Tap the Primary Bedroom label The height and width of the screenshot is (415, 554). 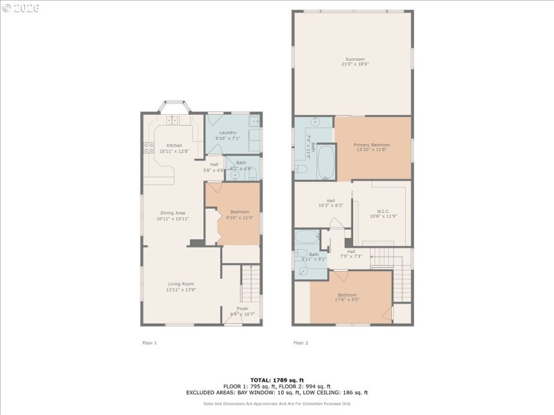tap(373, 145)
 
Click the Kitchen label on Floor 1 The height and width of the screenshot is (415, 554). tap(174, 145)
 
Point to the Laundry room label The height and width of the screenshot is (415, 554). tap(227, 132)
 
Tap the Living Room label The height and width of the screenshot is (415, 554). tap(181, 284)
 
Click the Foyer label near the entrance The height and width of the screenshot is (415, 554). tap(242, 308)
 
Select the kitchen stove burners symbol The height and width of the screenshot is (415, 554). tap(148, 147)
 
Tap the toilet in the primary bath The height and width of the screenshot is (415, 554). tap(302, 169)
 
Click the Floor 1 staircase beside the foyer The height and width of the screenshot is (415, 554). tap(250, 284)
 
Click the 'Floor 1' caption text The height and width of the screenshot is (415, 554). tap(150, 342)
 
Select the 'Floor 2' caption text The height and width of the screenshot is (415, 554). tap(301, 342)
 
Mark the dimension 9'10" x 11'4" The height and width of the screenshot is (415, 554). tap(240, 217)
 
